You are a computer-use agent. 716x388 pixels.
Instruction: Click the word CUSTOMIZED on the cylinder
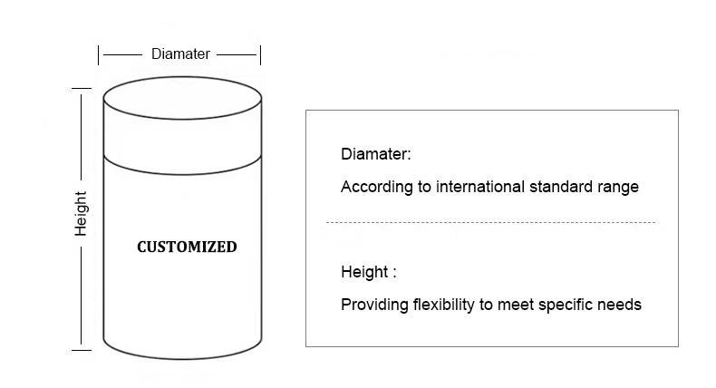[187, 247]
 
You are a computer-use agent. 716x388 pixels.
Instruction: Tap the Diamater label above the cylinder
[180, 54]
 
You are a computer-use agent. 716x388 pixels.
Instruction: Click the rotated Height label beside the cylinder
[82, 214]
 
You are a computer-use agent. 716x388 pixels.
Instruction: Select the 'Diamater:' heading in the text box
[376, 154]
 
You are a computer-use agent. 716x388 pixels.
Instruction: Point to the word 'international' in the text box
[478, 188]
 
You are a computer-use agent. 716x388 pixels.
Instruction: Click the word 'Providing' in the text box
[373, 305]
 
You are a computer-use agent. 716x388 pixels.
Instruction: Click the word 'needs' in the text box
[622, 305]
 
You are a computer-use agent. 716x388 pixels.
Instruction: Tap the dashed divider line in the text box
[489, 222]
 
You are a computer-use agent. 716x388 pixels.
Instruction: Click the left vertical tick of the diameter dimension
[100, 54]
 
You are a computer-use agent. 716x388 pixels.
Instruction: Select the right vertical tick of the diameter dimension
[260, 54]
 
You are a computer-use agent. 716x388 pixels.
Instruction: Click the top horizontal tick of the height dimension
[82, 88]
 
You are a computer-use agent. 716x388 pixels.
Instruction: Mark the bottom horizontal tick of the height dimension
[82, 347]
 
